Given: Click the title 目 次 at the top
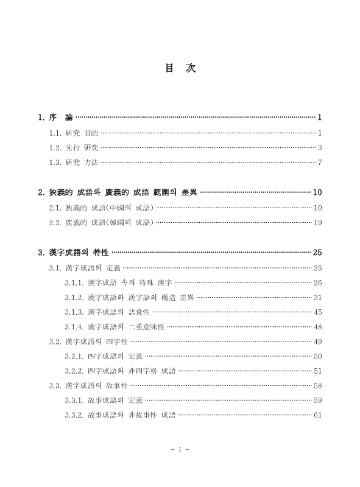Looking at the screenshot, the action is [x=180, y=68].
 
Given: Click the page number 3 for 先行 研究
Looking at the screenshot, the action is [x=319, y=147].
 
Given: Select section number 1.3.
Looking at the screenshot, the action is [x=55, y=162].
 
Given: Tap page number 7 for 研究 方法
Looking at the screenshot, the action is [x=319, y=162].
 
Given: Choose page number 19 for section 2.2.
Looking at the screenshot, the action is [x=317, y=222].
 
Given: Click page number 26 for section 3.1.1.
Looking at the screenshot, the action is [x=317, y=282].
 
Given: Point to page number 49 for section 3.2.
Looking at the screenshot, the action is [x=317, y=342].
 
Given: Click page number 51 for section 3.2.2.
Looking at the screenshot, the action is [x=317, y=371].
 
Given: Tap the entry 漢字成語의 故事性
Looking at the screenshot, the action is [x=96, y=385].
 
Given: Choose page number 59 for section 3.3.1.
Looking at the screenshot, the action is [x=317, y=401].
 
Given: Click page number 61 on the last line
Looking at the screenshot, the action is [x=317, y=415].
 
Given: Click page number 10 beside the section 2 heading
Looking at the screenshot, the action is [x=317, y=193].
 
